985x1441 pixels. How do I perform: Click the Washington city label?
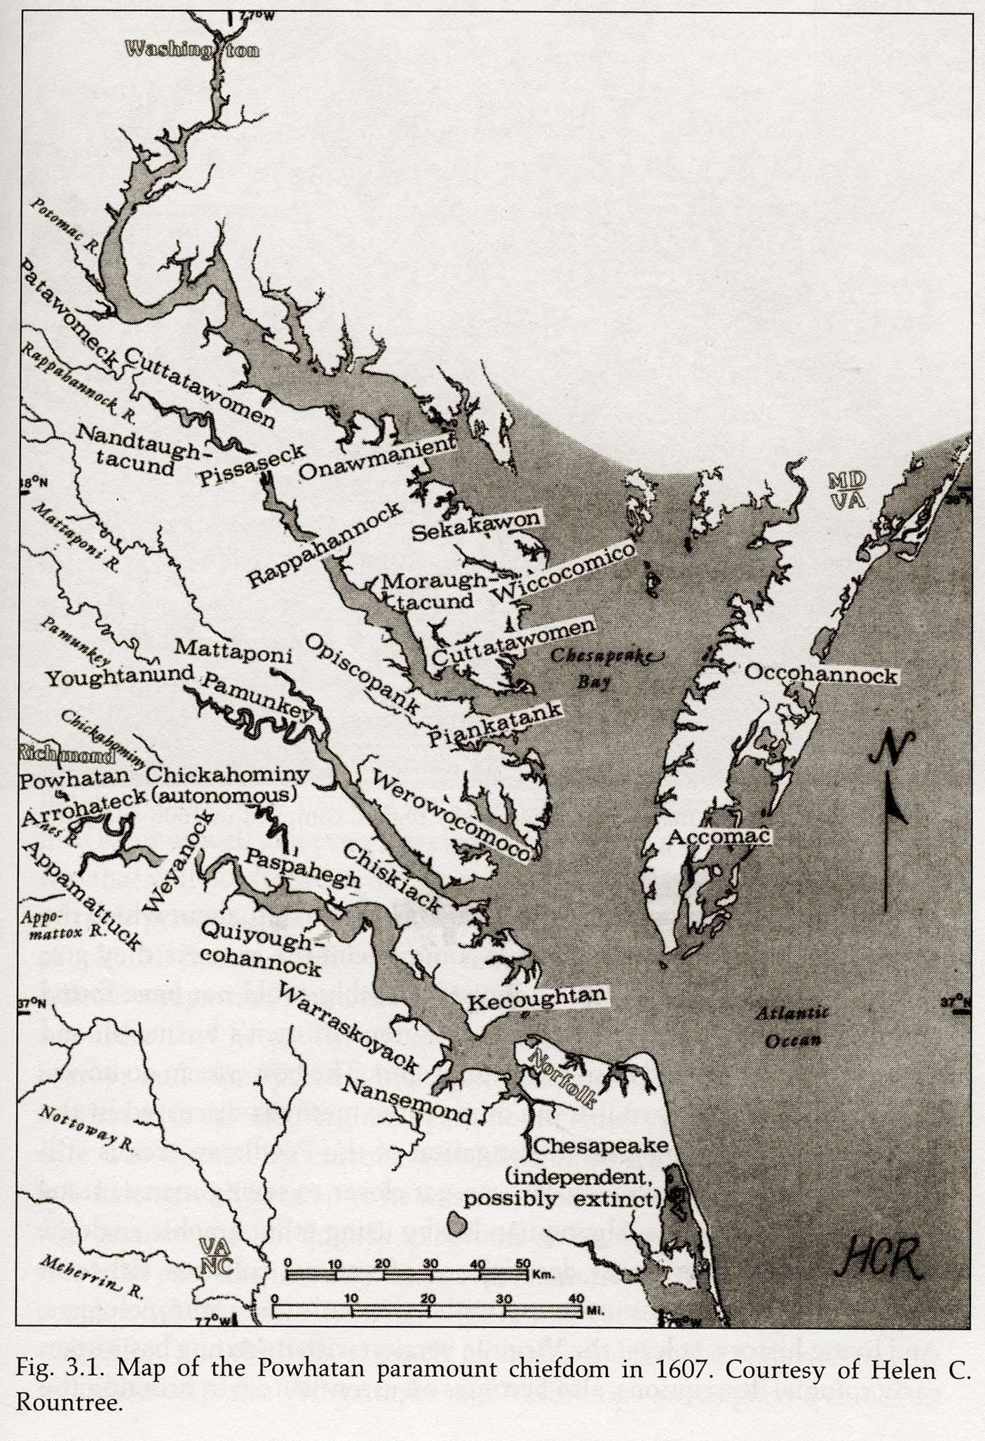(191, 50)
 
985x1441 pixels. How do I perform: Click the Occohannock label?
(820, 674)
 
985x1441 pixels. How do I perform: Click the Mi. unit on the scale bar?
(595, 1309)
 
